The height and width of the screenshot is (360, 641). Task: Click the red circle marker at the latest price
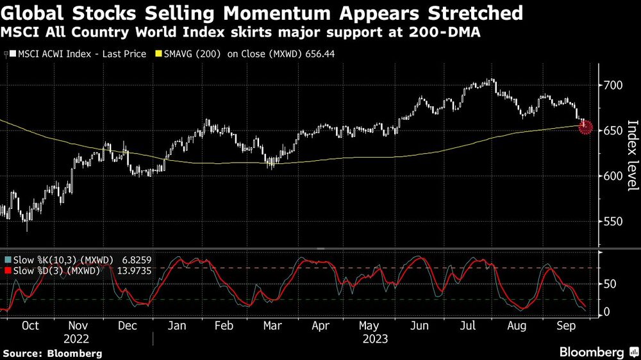(x=585, y=127)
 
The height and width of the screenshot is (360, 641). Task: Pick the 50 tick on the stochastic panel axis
(x=610, y=284)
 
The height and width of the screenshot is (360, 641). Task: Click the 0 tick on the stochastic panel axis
(x=607, y=312)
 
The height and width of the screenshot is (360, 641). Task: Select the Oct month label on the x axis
(x=30, y=325)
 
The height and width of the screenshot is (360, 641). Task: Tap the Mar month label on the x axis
(x=272, y=325)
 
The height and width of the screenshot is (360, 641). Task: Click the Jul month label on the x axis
(x=469, y=325)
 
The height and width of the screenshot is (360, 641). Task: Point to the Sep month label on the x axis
(x=565, y=325)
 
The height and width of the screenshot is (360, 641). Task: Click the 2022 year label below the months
(x=77, y=338)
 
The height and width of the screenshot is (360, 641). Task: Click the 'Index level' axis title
(x=632, y=156)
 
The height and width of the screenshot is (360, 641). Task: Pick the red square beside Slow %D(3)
(x=7, y=272)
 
